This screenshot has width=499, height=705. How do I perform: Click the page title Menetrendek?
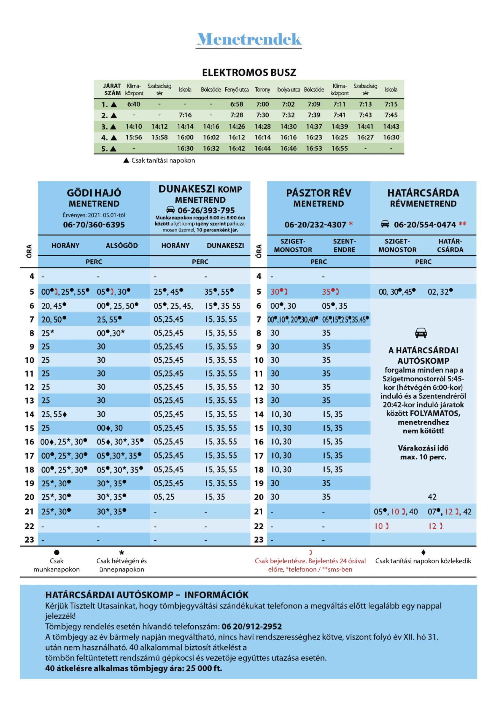coord(249,39)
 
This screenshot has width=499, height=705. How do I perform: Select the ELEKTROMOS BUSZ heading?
coord(249,72)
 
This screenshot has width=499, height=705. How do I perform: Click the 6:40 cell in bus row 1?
coord(134,104)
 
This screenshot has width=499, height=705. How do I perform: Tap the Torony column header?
coord(262,90)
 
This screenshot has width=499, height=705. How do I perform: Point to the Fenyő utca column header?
coord(237,90)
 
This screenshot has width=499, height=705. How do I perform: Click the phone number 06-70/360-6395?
coord(94,224)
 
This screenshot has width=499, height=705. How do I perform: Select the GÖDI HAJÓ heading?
coord(94,193)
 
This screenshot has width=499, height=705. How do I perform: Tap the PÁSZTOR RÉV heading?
coord(318,193)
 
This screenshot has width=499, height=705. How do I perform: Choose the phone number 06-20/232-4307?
coord(315,225)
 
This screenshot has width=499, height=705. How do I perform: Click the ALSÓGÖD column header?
coord(122,245)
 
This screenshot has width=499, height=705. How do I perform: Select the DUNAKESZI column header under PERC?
coord(225,245)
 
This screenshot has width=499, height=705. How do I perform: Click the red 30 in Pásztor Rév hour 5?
coord(275,292)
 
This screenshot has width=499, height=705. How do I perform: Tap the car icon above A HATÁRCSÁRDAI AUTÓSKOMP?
coord(421,333)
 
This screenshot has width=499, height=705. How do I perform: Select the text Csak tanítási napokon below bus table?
coord(163,160)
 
